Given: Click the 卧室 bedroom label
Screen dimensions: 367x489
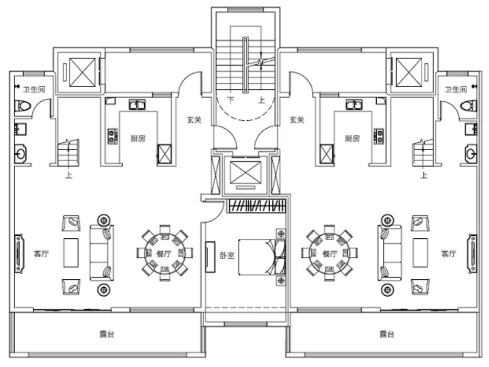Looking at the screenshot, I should pyautogui.click(x=227, y=258).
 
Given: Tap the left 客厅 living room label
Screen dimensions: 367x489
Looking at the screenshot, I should pyautogui.click(x=41, y=254).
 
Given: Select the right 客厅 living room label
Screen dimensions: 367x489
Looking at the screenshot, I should pyautogui.click(x=449, y=254).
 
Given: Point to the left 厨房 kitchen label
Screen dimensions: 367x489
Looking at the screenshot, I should pyautogui.click(x=138, y=139).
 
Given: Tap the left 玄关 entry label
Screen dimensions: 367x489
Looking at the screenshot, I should pyautogui.click(x=194, y=120).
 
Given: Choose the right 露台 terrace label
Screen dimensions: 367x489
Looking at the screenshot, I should pyautogui.click(x=387, y=334).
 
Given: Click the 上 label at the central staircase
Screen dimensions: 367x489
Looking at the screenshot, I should pyautogui.click(x=261, y=100).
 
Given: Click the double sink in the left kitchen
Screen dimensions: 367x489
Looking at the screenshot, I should pyautogui.click(x=138, y=105).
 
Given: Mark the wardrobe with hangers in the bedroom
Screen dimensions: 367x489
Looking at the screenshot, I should pyautogui.click(x=257, y=205).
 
